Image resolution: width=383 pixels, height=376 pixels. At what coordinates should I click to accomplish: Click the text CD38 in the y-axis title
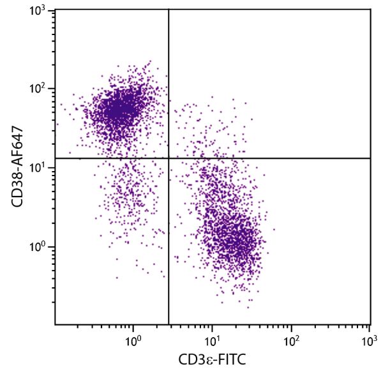(x=19, y=183)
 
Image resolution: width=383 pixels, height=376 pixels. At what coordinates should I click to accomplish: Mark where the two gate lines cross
(x=169, y=158)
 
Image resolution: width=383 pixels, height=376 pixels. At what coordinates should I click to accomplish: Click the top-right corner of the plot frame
(x=370, y=9)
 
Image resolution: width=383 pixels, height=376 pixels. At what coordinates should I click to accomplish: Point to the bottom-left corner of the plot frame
(x=55, y=324)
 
